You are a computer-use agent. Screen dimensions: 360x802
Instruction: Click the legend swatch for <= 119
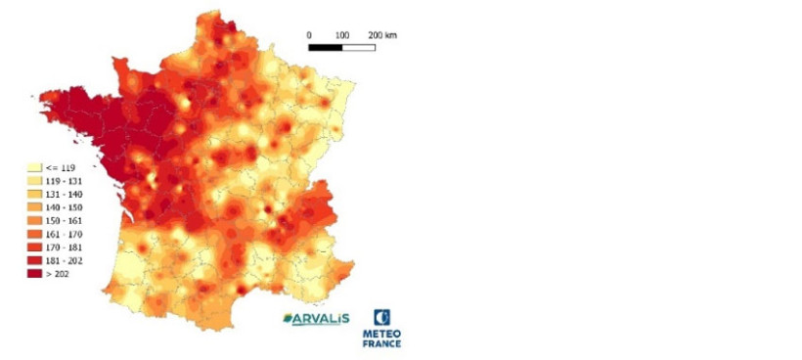(31, 167)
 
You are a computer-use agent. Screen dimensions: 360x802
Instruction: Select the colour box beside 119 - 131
(31, 181)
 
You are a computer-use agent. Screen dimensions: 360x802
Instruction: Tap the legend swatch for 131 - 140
(31, 194)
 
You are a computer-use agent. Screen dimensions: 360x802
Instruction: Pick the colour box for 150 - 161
(31, 221)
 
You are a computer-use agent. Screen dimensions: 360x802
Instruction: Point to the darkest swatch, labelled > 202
(31, 274)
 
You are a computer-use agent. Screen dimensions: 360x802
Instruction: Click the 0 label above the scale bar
(309, 34)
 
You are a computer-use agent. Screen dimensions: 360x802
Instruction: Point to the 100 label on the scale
(342, 34)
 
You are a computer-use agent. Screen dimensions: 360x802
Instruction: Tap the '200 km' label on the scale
(382, 34)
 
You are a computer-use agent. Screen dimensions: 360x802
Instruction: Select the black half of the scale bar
(325, 46)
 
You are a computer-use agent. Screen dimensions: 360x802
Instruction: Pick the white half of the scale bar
(359, 46)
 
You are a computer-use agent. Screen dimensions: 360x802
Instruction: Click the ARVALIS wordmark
(320, 319)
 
